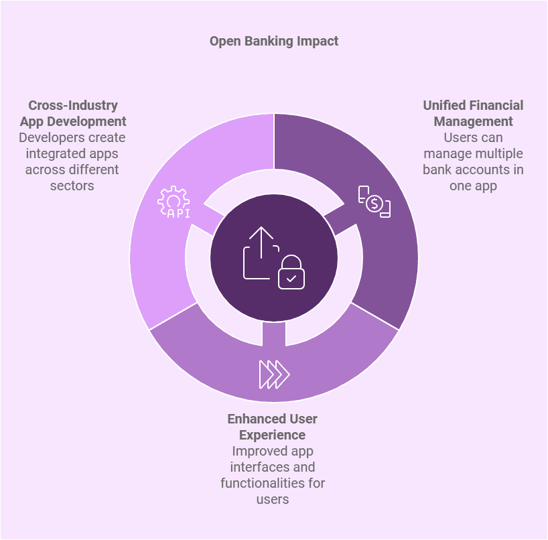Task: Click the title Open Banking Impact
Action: [x=273, y=42]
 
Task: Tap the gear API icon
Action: [x=174, y=202]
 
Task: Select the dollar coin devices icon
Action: [x=374, y=202]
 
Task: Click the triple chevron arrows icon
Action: [x=275, y=375]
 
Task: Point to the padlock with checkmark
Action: [x=291, y=272]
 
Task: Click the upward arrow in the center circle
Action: [x=261, y=243]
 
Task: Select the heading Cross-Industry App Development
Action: [x=73, y=113]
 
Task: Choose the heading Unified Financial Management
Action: [x=473, y=113]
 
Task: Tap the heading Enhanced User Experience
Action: [x=272, y=427]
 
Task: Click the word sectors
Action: [x=72, y=186]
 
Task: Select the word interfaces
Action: [x=256, y=467]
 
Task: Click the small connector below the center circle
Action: [x=273, y=334]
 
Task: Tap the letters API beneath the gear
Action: [x=179, y=213]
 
